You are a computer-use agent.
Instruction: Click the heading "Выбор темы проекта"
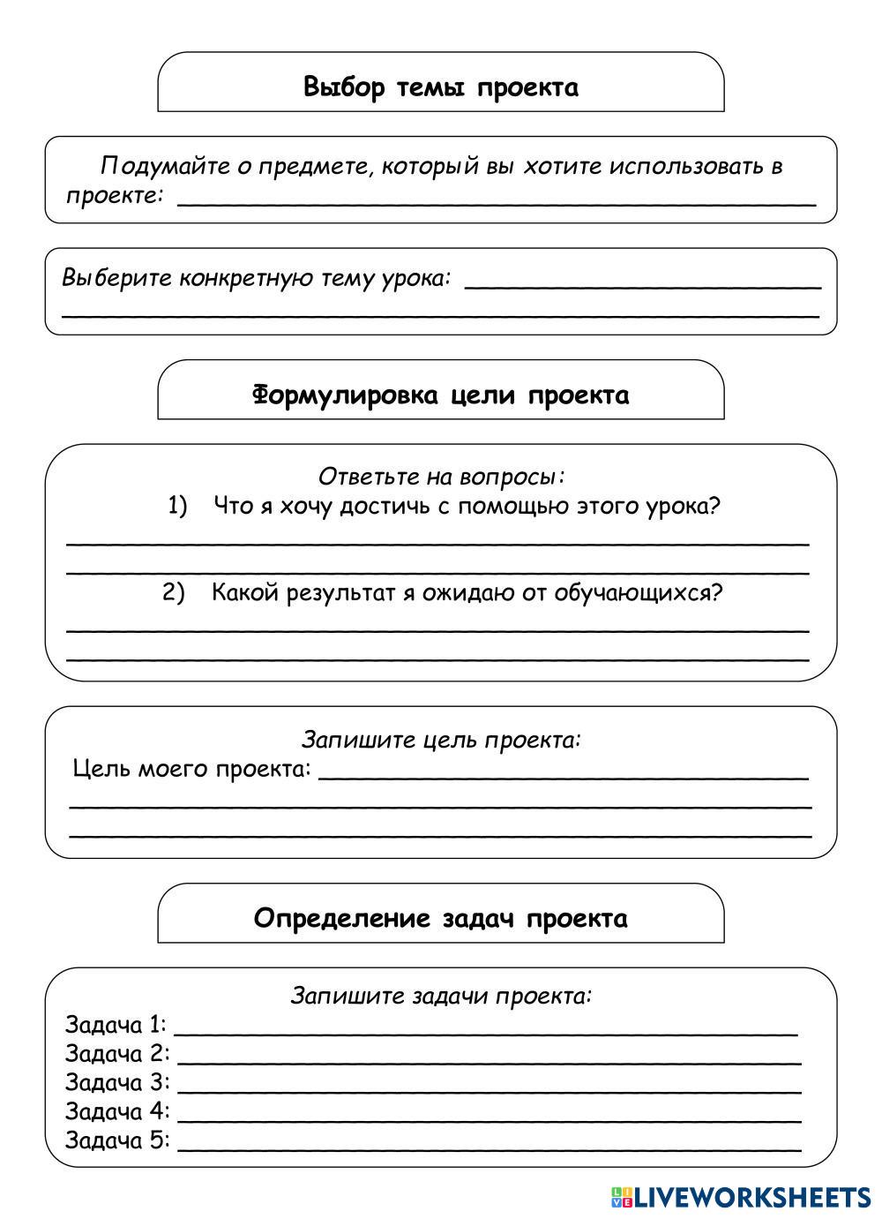point(441,87)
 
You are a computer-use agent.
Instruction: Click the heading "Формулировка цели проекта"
point(441,395)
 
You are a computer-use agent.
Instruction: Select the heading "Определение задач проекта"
point(441,918)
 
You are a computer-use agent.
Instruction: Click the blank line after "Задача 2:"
point(490,1062)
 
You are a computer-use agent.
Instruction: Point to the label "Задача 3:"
point(117,1082)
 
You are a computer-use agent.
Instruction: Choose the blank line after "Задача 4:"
point(490,1119)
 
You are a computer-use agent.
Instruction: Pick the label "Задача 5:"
point(117,1140)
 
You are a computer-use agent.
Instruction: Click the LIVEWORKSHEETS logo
point(741,1196)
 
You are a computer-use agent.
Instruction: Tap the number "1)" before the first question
point(178,506)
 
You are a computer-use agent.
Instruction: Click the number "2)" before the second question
point(174,592)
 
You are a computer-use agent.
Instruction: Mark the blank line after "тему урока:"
point(642,286)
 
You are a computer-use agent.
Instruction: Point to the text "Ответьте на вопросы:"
point(441,477)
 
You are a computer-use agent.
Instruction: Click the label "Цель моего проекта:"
point(191,769)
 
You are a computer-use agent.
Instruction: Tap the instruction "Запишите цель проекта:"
point(441,739)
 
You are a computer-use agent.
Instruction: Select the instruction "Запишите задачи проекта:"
point(441,996)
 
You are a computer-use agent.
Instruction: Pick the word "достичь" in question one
point(386,507)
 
